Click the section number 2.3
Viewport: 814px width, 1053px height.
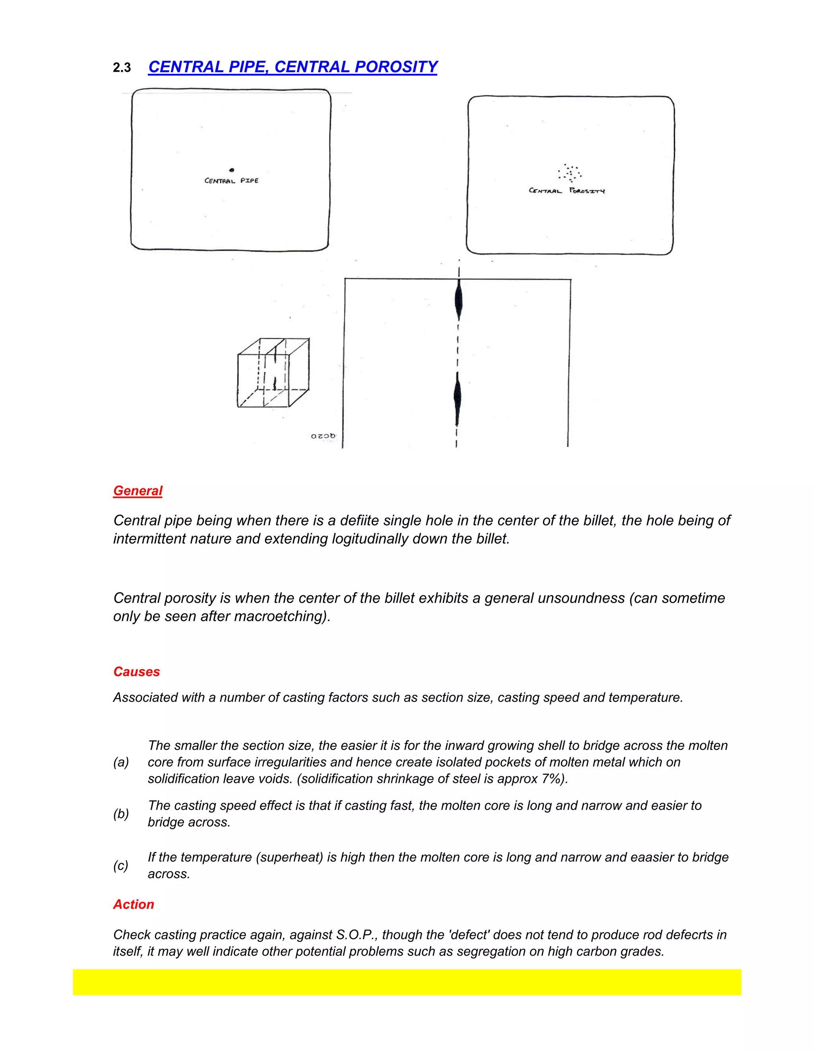tap(122, 68)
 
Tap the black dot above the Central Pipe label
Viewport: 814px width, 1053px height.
tap(232, 170)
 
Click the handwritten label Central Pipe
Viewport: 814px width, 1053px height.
tap(231, 181)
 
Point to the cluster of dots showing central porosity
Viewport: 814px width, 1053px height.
tap(570, 172)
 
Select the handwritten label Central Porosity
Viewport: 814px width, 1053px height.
tap(567, 191)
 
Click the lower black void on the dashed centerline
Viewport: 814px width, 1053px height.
tap(457, 398)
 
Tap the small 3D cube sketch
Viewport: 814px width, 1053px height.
tap(273, 373)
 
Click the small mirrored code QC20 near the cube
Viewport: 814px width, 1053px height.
tap(323, 436)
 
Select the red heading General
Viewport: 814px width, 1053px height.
tap(138, 491)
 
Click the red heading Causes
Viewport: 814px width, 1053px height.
tap(136, 672)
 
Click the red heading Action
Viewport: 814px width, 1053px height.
tap(134, 904)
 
